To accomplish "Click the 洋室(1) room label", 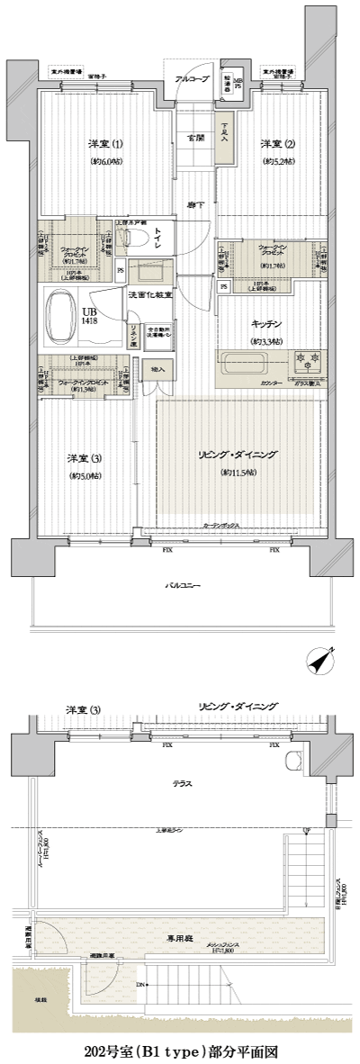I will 100,145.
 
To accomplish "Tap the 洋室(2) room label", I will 274,145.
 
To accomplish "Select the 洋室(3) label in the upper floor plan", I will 83,458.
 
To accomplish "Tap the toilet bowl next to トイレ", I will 137,238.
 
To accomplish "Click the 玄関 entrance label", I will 195,138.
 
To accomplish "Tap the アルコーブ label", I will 191,78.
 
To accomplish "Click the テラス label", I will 184,784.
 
